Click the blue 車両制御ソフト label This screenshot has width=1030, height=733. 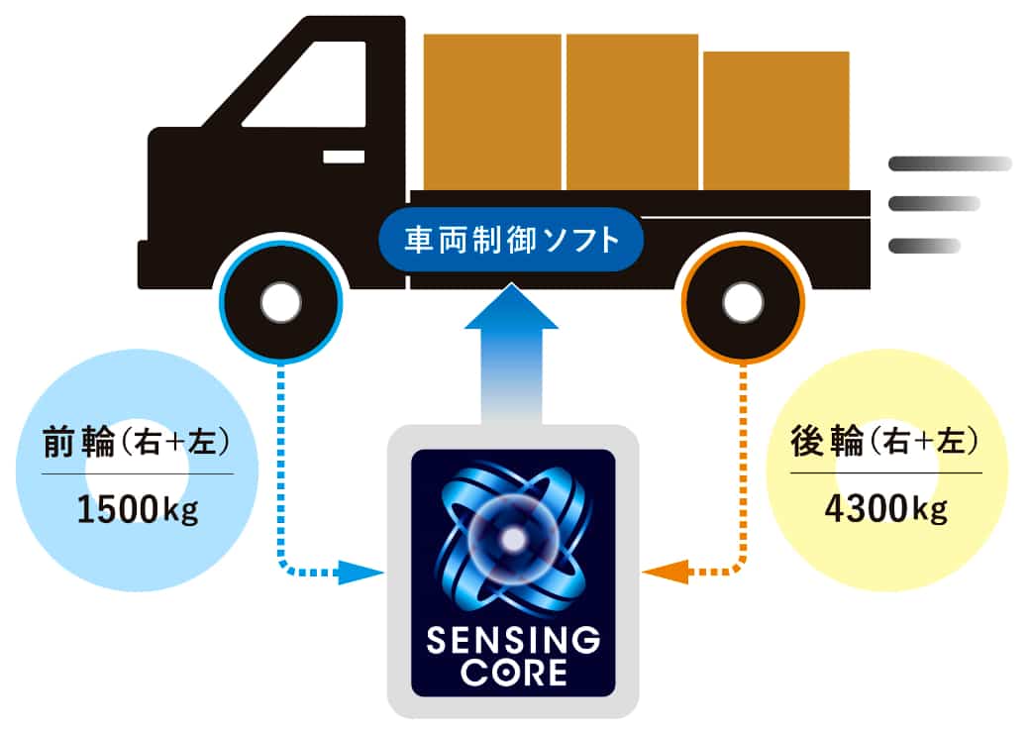pyautogui.click(x=512, y=240)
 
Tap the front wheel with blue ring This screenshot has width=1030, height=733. pyautogui.click(x=281, y=301)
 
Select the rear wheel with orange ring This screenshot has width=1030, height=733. pyautogui.click(x=742, y=301)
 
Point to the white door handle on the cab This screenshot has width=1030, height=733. pyautogui.click(x=343, y=157)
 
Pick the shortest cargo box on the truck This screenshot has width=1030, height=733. pyautogui.click(x=775, y=120)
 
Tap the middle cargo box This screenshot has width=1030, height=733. pyautogui.click(x=632, y=111)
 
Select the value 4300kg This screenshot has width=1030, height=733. pyautogui.click(x=885, y=511)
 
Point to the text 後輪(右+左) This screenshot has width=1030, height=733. pyautogui.click(x=885, y=444)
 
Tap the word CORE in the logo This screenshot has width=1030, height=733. pyautogui.click(x=513, y=674)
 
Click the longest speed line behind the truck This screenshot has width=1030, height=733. pyautogui.click(x=949, y=163)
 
